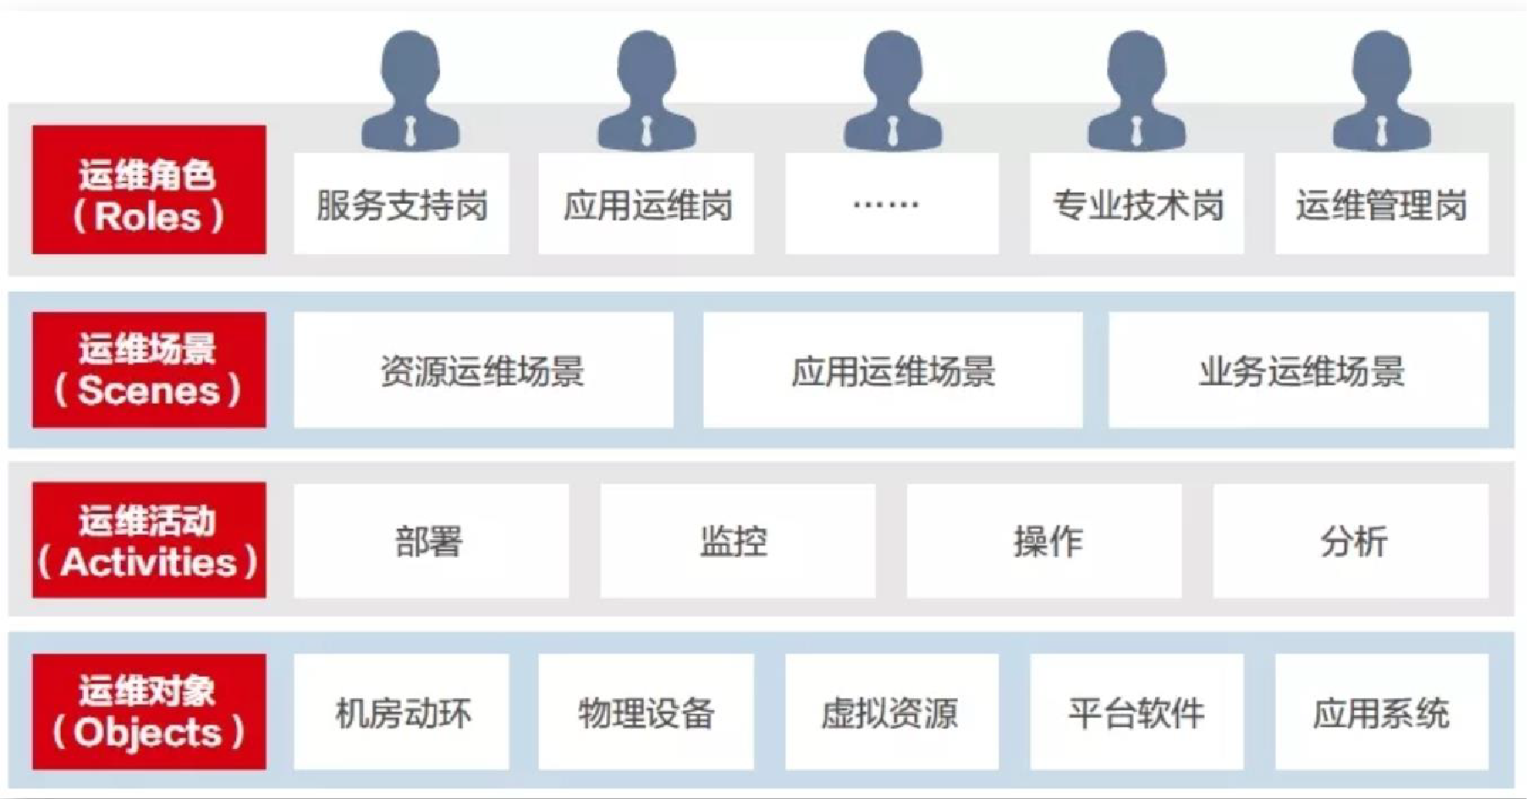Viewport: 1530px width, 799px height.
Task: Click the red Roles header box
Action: point(149,190)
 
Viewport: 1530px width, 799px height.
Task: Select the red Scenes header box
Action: point(149,370)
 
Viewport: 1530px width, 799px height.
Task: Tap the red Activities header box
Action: point(149,540)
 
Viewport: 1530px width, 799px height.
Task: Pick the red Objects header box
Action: point(149,711)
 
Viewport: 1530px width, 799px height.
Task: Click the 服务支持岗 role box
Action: point(401,204)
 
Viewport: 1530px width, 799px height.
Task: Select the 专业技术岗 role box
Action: point(1136,204)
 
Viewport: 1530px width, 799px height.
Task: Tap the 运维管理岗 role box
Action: point(1381,204)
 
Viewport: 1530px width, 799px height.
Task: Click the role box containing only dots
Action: point(891,204)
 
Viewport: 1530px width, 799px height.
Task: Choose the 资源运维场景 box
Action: point(483,370)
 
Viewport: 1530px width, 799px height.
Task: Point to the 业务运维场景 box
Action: point(1298,370)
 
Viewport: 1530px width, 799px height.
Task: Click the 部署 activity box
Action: point(431,541)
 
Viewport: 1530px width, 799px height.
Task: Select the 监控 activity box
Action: point(737,541)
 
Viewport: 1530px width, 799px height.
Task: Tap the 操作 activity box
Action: point(1043,541)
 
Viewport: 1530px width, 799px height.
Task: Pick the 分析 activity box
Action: point(1351,541)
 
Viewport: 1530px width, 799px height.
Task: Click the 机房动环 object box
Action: point(401,712)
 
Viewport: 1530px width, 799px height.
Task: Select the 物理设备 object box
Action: point(646,712)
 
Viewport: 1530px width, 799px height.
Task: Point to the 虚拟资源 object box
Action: point(891,712)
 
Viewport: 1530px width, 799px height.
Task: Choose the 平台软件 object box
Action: point(1136,712)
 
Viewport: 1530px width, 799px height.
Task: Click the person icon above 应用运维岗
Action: point(647,91)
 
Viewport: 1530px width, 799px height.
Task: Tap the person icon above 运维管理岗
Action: point(1381,91)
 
